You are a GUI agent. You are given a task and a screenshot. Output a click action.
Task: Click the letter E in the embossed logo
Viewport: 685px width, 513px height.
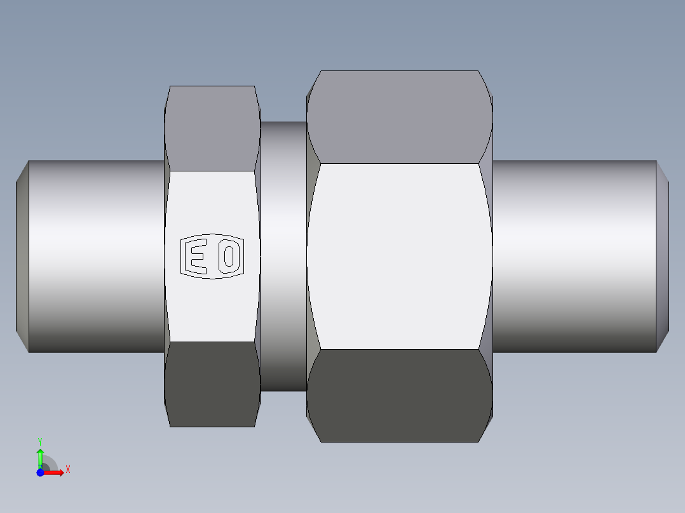click(x=196, y=257)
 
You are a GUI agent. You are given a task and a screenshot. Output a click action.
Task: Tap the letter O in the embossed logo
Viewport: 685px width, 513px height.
click(x=229, y=257)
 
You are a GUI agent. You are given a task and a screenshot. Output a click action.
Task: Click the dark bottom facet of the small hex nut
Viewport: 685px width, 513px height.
click(x=212, y=384)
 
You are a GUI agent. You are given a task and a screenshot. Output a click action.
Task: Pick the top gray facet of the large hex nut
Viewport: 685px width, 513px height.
click(x=399, y=117)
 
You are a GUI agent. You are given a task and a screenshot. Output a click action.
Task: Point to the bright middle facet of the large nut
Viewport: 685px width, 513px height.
click(x=399, y=256)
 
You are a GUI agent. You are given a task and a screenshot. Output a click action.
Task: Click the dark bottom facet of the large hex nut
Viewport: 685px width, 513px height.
click(x=399, y=395)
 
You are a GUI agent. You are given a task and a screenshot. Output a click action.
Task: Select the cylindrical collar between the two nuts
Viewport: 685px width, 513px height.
click(x=283, y=256)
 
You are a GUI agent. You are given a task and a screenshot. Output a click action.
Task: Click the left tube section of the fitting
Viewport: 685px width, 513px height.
click(x=95, y=256)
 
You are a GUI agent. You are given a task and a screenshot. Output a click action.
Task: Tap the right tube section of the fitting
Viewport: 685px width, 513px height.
click(x=572, y=256)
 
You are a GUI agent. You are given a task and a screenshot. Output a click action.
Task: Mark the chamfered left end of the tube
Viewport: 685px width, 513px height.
click(x=22, y=256)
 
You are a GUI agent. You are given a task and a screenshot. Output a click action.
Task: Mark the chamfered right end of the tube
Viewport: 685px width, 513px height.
click(x=662, y=256)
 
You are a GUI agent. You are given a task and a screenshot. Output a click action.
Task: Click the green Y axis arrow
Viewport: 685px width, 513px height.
click(x=40, y=456)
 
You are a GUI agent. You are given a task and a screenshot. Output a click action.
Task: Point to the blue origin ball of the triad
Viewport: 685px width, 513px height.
click(x=40, y=472)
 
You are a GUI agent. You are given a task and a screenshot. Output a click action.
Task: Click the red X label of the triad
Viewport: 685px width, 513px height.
click(x=67, y=470)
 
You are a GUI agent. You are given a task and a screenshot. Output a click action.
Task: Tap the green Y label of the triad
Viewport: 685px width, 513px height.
click(x=40, y=441)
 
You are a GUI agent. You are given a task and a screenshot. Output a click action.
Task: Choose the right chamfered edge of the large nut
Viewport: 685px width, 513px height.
click(x=486, y=256)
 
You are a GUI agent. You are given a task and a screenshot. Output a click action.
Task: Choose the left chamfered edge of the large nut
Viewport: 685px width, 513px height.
click(x=313, y=256)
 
